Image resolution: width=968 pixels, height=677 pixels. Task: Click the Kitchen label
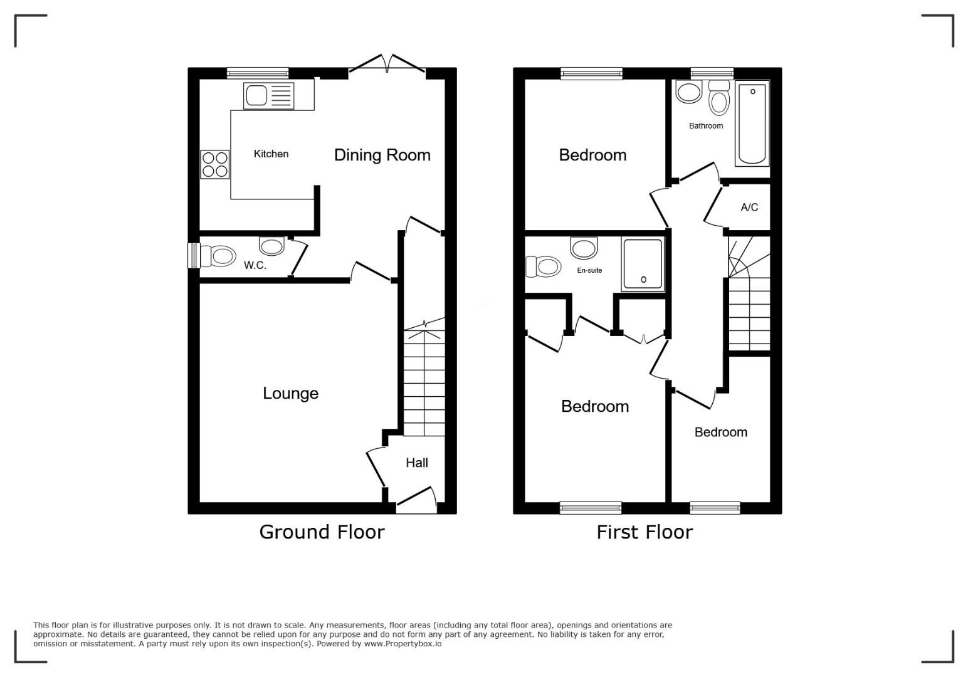click(x=271, y=154)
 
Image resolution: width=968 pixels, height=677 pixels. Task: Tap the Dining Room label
click(x=382, y=155)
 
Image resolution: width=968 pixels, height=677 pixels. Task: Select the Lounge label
click(x=290, y=393)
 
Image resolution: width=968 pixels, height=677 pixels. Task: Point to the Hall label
click(x=416, y=463)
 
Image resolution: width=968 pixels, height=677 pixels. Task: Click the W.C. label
click(x=255, y=265)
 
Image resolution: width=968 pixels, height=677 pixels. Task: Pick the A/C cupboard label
click(x=749, y=207)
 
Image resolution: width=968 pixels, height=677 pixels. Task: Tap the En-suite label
click(x=589, y=270)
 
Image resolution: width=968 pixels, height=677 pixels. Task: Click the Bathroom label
click(x=706, y=126)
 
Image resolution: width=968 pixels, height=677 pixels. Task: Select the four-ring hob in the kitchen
click(x=215, y=164)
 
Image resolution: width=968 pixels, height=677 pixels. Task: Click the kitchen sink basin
click(x=256, y=95)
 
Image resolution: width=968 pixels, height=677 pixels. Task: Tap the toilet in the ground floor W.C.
click(x=218, y=256)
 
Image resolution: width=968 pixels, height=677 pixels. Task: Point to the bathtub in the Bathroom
click(x=752, y=123)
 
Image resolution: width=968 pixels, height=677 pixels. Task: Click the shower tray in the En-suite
click(x=642, y=264)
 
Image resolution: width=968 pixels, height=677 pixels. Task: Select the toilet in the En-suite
click(x=543, y=266)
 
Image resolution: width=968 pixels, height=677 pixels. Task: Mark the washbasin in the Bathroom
click(x=689, y=93)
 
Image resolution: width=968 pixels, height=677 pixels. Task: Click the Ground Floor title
click(x=322, y=532)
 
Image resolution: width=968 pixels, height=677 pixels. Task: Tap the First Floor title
click(x=644, y=532)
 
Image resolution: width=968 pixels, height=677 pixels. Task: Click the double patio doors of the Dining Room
click(x=387, y=63)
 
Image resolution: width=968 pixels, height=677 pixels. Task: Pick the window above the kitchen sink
click(x=258, y=73)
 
